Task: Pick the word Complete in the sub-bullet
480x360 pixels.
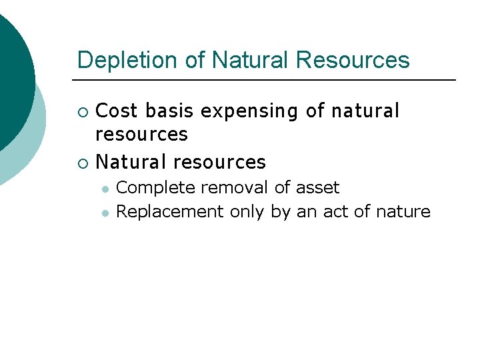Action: (155, 189)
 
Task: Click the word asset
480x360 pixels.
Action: (317, 188)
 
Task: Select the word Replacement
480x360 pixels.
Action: (170, 213)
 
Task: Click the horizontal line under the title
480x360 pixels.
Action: (267, 80)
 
